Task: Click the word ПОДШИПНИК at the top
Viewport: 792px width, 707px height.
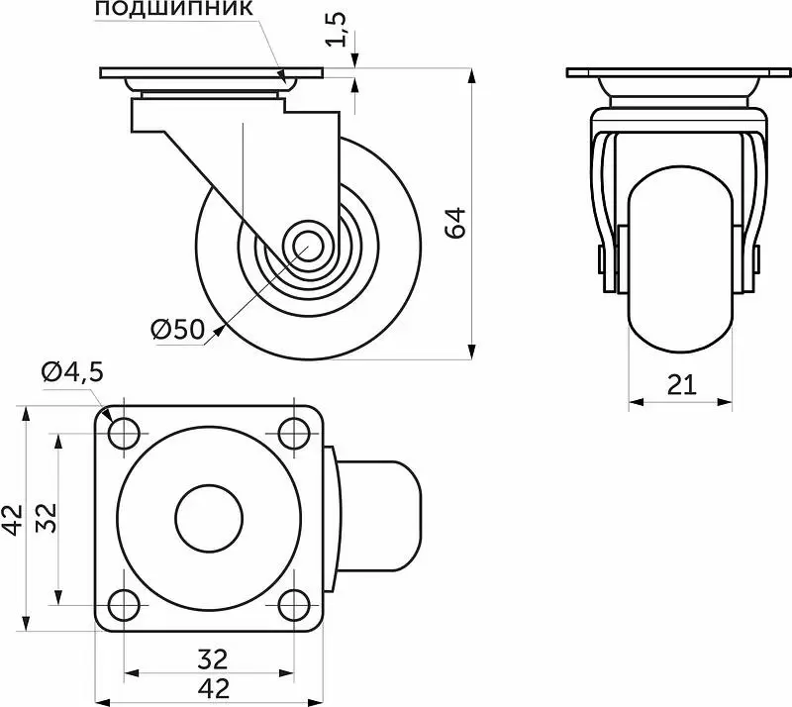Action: [x=174, y=8]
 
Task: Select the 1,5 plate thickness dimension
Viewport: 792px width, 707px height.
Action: [x=336, y=30]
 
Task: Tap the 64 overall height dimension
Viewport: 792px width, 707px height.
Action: [x=455, y=223]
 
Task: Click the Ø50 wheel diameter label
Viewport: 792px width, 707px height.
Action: [x=178, y=329]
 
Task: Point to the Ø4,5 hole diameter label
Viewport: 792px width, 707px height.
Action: [x=72, y=372]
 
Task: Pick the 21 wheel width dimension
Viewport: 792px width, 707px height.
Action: [x=681, y=385]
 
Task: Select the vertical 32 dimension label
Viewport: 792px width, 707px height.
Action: [x=47, y=518]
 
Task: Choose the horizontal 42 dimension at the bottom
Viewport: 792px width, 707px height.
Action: [x=214, y=687]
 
